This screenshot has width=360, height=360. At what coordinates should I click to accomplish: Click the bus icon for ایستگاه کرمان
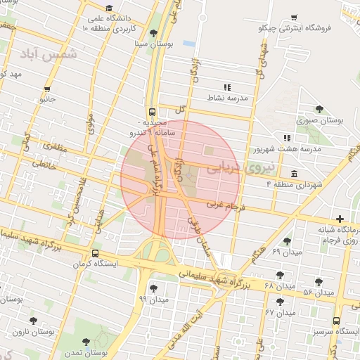(95, 254)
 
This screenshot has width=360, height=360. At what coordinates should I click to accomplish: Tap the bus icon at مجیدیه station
(153, 112)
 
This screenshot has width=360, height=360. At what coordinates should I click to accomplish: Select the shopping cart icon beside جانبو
(47, 89)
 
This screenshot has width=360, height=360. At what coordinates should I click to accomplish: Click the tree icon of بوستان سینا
(154, 33)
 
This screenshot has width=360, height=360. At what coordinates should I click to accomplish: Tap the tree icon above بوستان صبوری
(319, 109)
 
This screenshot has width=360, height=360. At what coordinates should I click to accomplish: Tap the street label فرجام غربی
(225, 205)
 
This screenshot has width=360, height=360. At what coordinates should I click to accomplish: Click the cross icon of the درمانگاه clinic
(340, 219)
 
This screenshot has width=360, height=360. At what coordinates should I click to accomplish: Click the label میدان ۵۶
(318, 292)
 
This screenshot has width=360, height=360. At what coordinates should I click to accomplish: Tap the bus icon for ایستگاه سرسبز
(336, 320)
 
